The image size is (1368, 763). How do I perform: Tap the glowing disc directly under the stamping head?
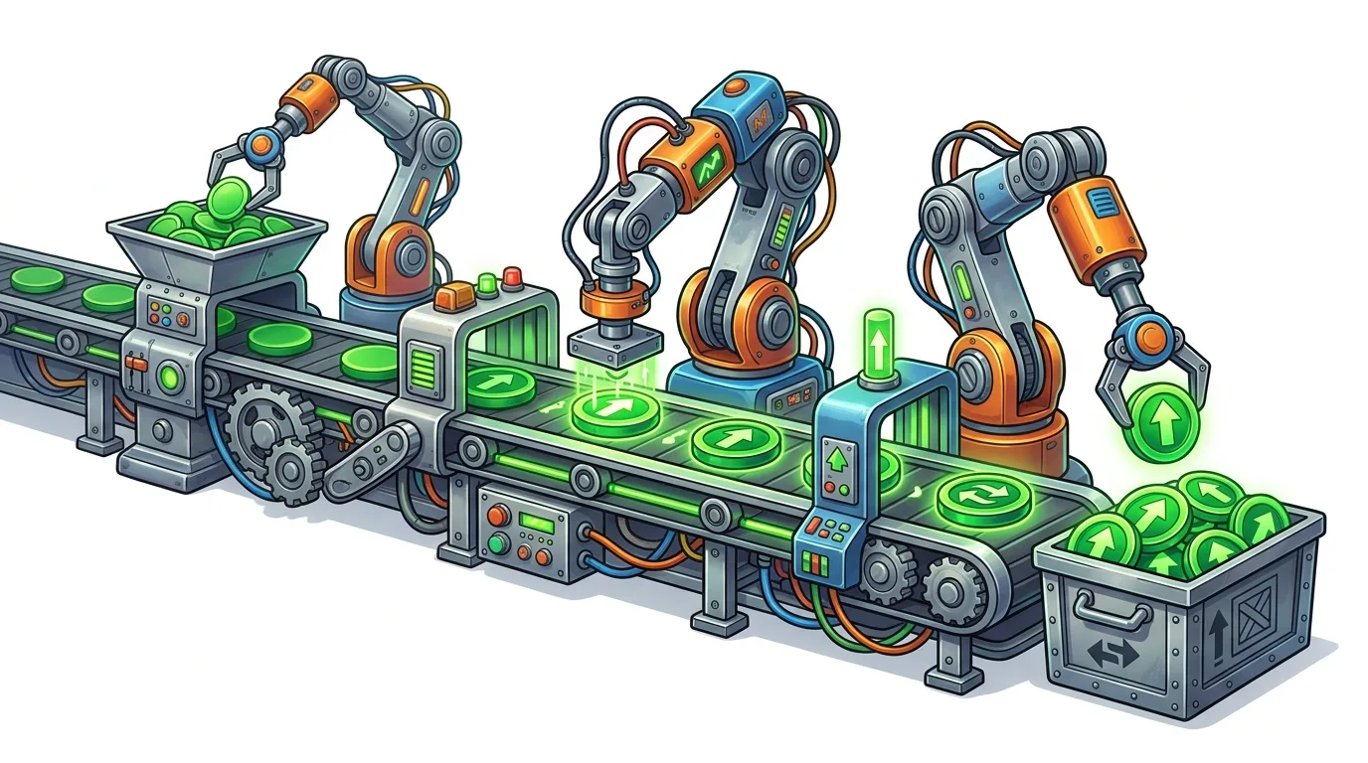tap(609, 409)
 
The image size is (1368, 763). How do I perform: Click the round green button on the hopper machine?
tap(168, 377)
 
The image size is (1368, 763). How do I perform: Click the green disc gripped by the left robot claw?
tap(230, 193)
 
